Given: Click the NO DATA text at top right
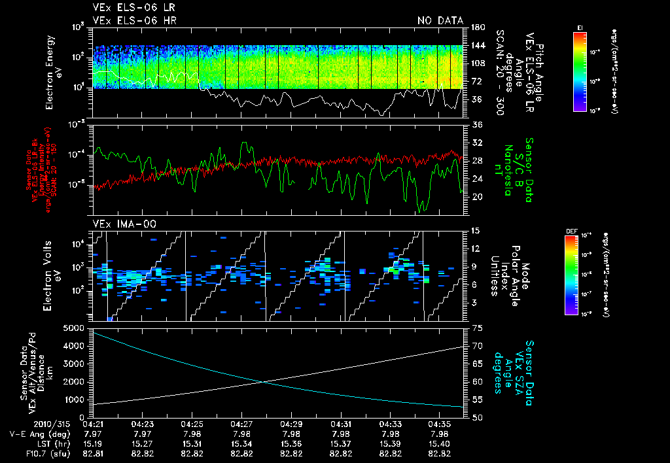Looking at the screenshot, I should point(440,20).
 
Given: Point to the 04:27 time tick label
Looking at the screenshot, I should point(241,424).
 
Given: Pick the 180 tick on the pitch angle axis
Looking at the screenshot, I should point(477,27).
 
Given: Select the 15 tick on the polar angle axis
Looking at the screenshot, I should point(476,231).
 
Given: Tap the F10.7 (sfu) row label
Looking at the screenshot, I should point(44,453).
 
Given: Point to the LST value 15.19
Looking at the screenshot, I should point(93,443).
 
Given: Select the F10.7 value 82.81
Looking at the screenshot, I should point(93,453).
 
